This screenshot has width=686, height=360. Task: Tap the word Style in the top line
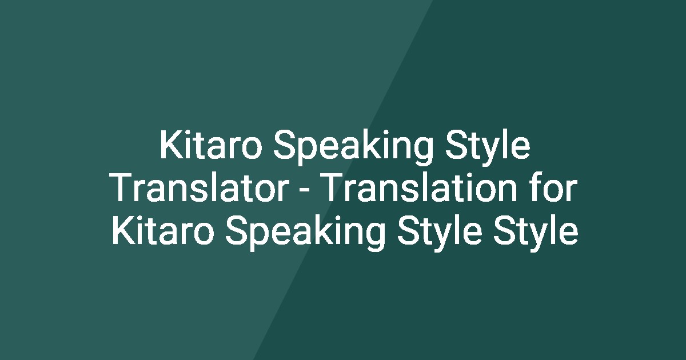[x=485, y=146]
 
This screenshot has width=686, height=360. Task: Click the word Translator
[x=198, y=190]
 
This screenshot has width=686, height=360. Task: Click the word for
[x=552, y=190]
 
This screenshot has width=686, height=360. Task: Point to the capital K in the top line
[x=170, y=146]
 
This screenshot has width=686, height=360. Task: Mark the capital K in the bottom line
[x=121, y=233]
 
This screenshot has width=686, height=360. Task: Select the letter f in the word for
[x=533, y=190]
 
